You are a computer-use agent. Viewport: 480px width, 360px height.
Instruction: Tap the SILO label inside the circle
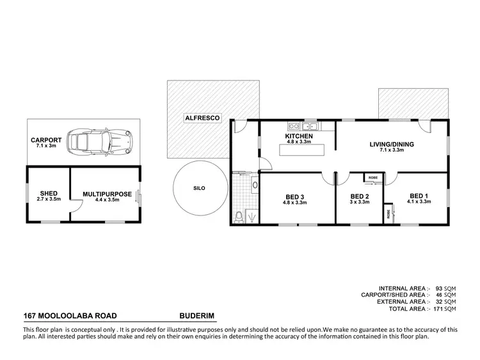coord(200,189)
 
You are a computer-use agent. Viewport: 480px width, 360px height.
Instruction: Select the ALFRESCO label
coord(199,118)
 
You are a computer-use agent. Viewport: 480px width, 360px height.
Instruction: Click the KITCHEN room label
coord(298,137)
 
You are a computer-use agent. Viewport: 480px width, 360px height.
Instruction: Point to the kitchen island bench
coord(301,150)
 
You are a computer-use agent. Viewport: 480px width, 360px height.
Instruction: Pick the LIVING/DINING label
coord(392,145)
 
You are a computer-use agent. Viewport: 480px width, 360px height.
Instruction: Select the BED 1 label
coord(418,196)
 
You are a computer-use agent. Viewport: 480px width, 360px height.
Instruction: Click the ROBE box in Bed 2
coord(372,177)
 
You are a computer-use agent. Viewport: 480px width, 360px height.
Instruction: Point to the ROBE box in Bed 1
coord(388,213)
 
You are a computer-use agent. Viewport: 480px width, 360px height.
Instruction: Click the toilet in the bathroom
coord(239,217)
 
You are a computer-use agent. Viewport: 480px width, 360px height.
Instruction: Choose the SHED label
coord(48,193)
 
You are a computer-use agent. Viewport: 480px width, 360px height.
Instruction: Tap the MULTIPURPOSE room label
coord(108,194)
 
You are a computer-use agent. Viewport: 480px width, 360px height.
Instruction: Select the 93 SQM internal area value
coord(444,288)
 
